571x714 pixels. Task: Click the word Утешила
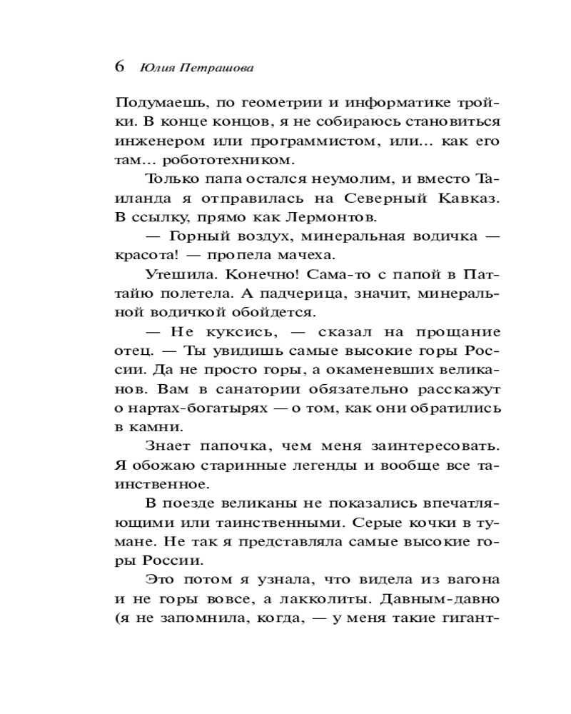tap(176, 274)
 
